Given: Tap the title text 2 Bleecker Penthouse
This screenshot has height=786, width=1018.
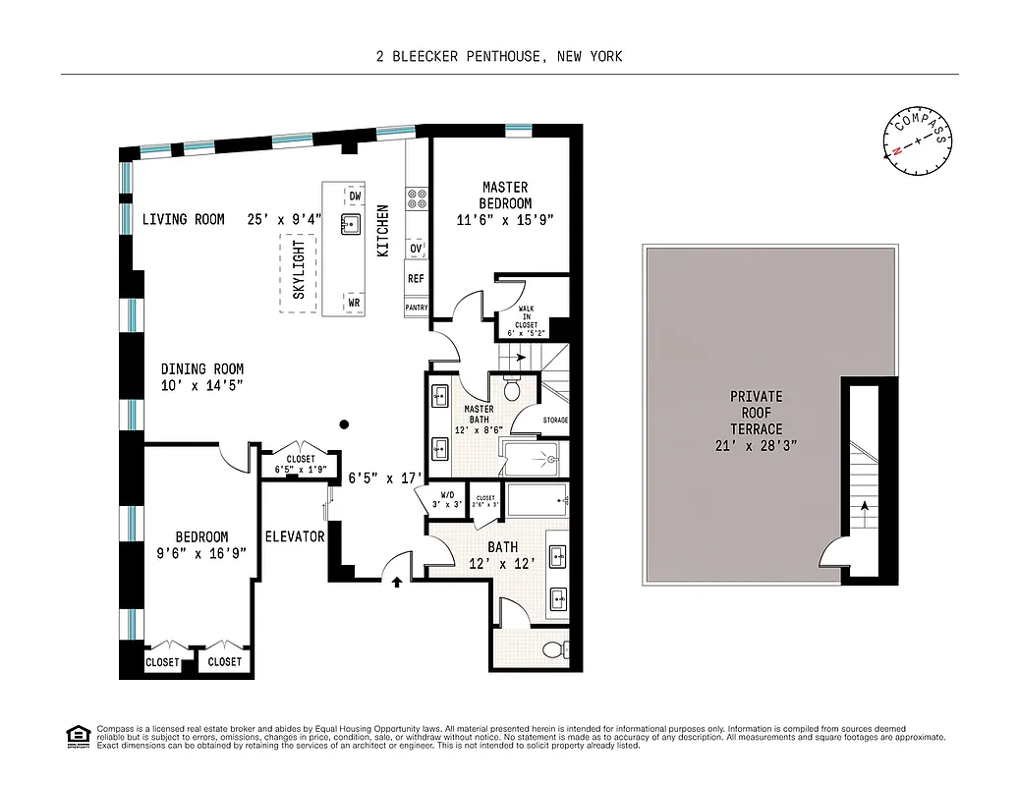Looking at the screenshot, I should (x=499, y=56).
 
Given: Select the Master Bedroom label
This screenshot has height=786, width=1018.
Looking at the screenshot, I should (x=504, y=195).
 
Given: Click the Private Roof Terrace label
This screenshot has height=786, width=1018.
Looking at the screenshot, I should (x=756, y=413).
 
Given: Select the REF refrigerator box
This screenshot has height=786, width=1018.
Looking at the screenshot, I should (x=416, y=279).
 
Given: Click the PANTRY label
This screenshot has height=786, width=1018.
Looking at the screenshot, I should (x=417, y=308).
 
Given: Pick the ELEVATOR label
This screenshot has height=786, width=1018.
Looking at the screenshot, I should (x=294, y=536).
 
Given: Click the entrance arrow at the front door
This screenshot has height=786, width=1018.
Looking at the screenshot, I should (x=397, y=583).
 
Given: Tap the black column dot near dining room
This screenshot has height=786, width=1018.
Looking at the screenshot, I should (x=343, y=424).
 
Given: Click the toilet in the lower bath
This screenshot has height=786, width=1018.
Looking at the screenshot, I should (x=553, y=649).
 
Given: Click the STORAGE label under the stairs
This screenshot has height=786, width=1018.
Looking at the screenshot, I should (x=554, y=421).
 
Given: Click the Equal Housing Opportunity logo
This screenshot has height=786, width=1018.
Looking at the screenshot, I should (x=76, y=735).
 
